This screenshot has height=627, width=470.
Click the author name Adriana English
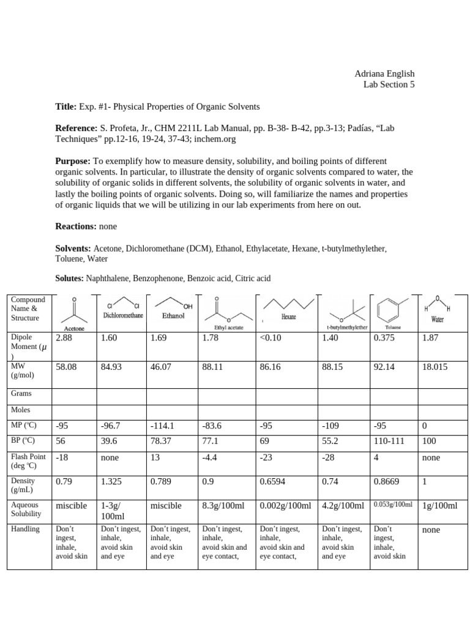coord(384,74)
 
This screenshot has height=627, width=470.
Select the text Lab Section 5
coord(389,85)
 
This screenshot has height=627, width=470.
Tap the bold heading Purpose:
coord(73,160)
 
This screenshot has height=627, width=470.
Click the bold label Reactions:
coord(76,227)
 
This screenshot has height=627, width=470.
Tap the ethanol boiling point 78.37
coord(162,441)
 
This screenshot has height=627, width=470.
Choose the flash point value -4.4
coord(211,457)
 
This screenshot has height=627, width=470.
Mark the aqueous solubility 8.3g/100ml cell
coord(224,506)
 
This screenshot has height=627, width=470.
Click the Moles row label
coord(20,410)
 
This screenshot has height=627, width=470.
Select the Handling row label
coord(25,529)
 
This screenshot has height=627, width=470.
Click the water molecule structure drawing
coord(437,304)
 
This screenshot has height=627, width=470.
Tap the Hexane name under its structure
coord(288,318)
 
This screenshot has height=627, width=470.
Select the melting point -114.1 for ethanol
coord(162,426)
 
